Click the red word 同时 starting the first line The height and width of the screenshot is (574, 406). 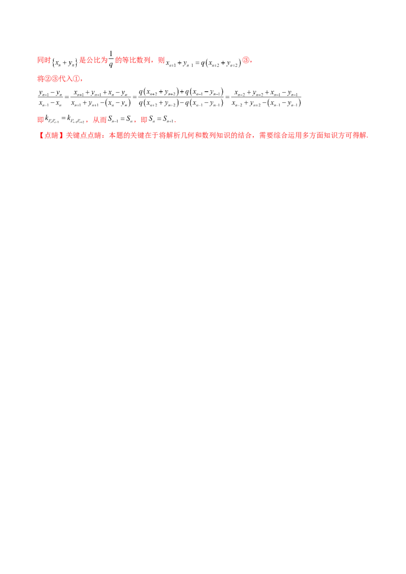44,60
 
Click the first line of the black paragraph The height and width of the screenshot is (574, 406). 170,94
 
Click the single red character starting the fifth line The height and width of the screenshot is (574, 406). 40,121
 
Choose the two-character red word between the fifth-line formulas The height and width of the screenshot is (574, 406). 101,121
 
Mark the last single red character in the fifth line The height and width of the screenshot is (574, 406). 144,121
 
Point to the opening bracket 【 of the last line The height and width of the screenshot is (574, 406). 40,136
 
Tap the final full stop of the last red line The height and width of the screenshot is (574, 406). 367,137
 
